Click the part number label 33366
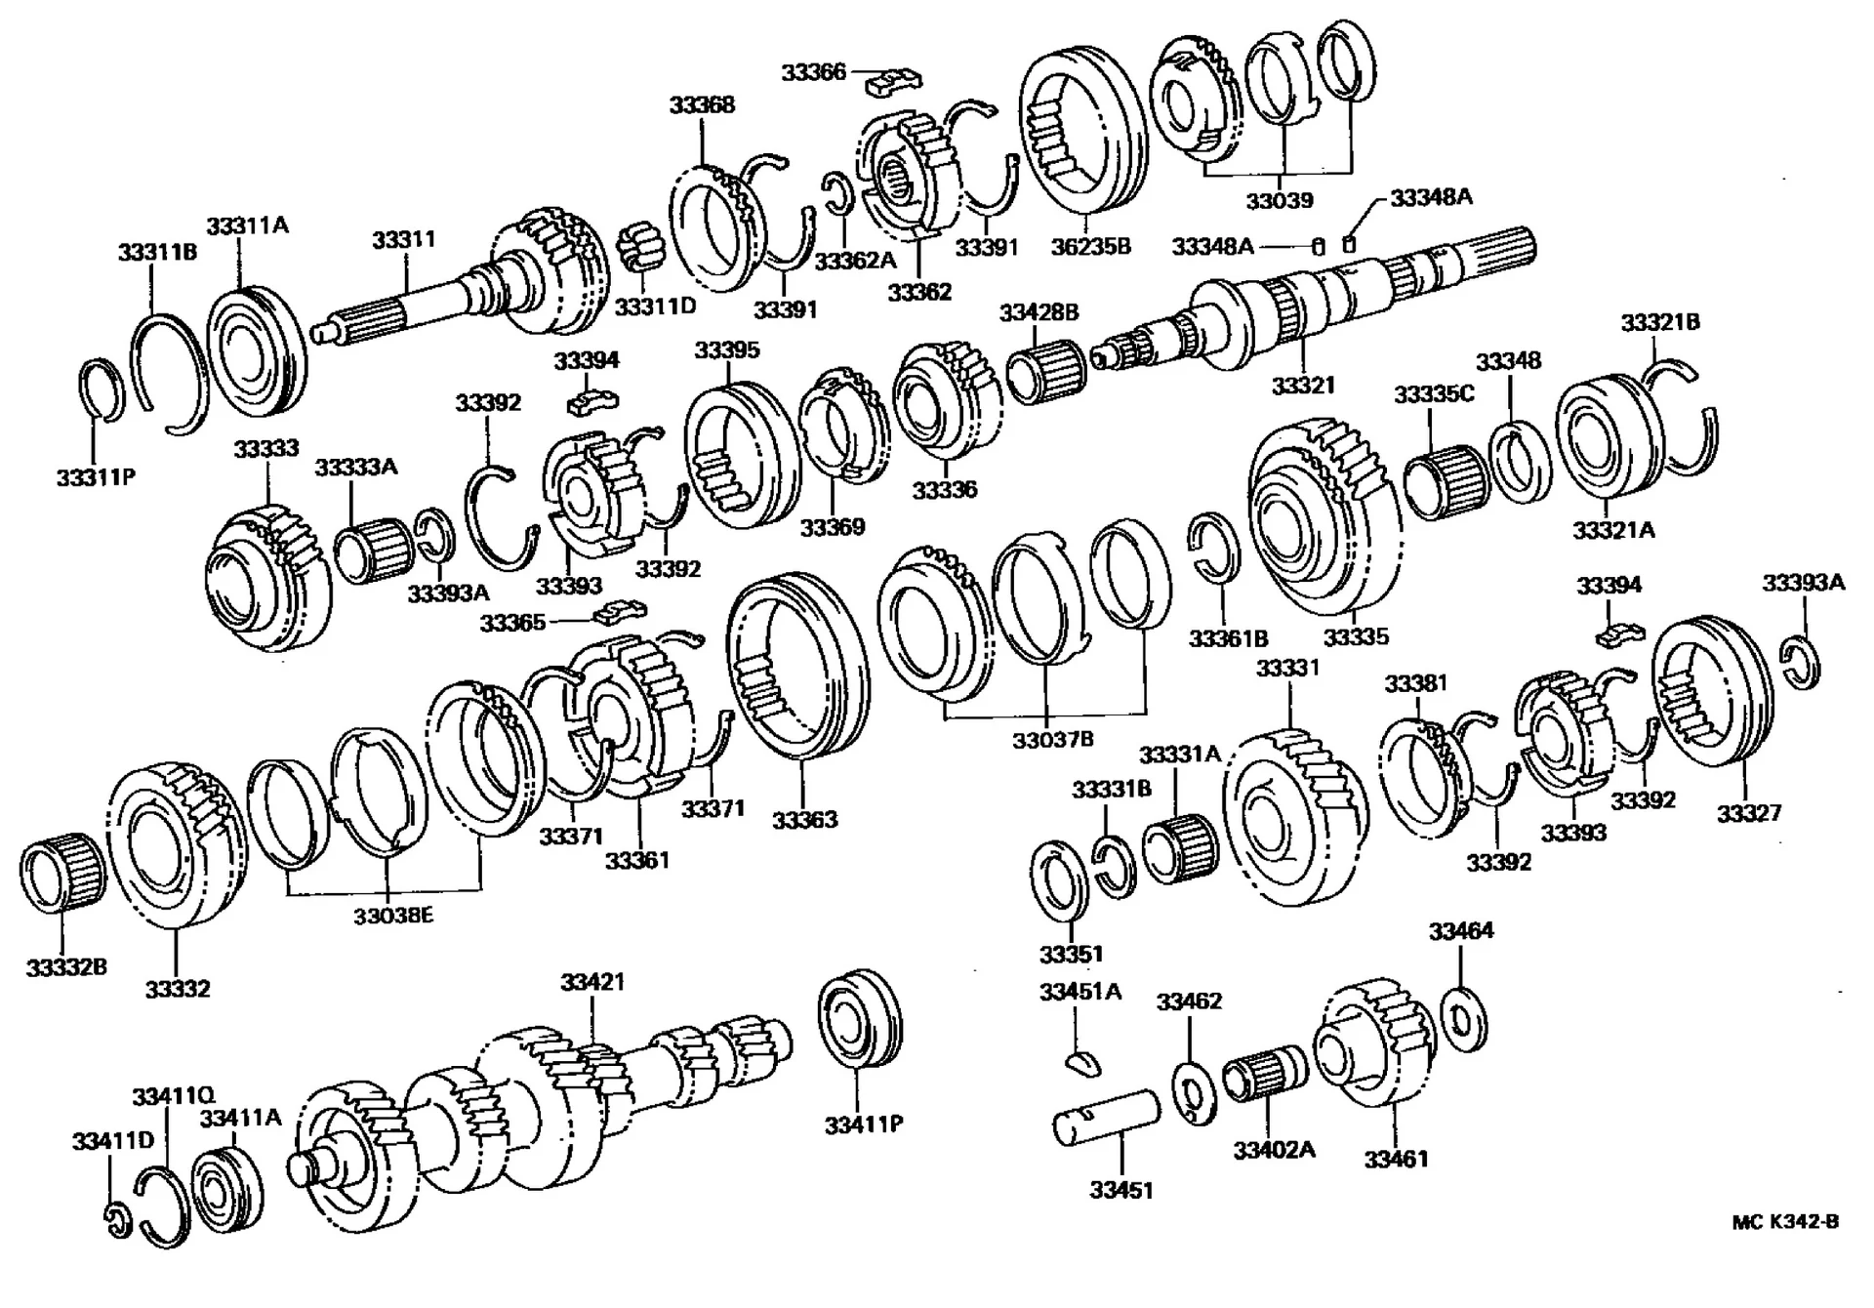[x=813, y=72]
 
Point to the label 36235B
[x=1089, y=247]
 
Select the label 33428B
[x=1039, y=312]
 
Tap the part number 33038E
[x=393, y=916]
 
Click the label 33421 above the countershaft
[x=591, y=981]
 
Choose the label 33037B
[x=1052, y=740]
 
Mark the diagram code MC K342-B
[x=1785, y=1222]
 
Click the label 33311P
[x=95, y=477]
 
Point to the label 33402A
[x=1274, y=1150]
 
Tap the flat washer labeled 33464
[x=1462, y=1020]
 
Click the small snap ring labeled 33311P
[x=100, y=389]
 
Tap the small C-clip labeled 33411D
[x=117, y=1220]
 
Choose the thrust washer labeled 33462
[x=1193, y=1092]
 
